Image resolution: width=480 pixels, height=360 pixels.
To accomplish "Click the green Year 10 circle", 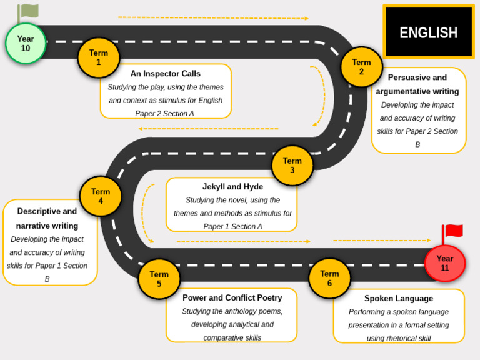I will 26,44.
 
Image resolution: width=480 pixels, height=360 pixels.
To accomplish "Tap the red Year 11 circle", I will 445,263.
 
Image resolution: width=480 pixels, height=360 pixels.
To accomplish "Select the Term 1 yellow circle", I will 99,57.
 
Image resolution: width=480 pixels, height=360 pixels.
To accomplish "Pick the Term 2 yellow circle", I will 361,67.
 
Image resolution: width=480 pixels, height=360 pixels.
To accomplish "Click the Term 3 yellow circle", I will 292,166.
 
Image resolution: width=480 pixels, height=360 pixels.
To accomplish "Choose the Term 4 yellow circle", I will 101,196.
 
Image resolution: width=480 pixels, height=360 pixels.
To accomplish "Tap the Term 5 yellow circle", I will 159,279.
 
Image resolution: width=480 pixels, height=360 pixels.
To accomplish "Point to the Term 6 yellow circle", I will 329,278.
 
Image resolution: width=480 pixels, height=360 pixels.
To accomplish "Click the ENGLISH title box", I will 429,32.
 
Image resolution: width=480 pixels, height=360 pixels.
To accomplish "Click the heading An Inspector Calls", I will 166,74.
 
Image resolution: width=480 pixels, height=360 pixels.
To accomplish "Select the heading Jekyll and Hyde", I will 232,187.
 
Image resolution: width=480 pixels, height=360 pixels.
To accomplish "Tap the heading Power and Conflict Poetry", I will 232,298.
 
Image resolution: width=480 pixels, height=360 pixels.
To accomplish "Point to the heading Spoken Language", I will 399,299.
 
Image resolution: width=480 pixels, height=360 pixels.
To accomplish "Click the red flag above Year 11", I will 453,231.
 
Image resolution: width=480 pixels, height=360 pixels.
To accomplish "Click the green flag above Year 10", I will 29,11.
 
